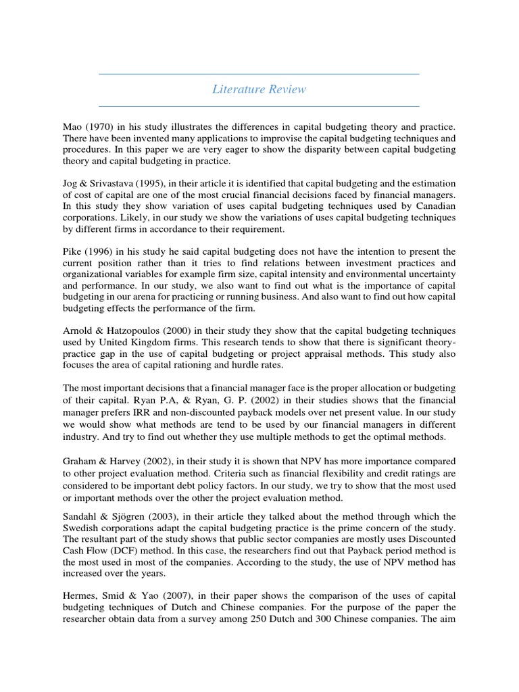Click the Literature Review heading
(x=259, y=89)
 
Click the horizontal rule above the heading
(x=259, y=74)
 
